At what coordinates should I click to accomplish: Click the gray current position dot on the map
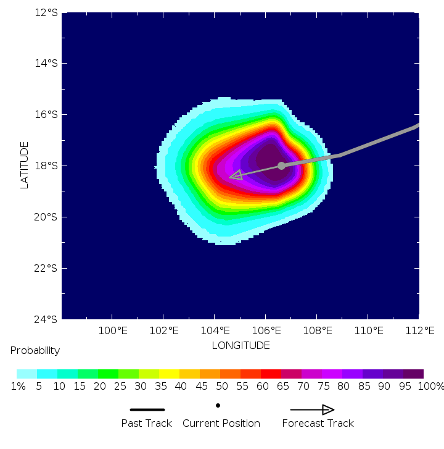[x=281, y=166]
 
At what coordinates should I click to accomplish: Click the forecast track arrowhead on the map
[x=236, y=176]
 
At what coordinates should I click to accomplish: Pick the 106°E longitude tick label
[x=266, y=331]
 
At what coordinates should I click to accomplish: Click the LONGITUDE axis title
[x=240, y=345]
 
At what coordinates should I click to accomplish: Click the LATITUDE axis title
[x=25, y=165]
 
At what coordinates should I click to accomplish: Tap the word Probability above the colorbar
[x=35, y=351]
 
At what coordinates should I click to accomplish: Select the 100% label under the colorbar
[x=430, y=387]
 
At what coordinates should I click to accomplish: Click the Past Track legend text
[x=146, y=423]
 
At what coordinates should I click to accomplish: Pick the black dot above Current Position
[x=218, y=405]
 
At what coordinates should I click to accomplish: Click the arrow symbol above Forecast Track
[x=312, y=409]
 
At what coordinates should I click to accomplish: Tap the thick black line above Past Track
[x=147, y=409]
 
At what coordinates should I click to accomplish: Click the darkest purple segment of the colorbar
[x=413, y=374]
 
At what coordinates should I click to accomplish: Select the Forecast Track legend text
[x=318, y=423]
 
